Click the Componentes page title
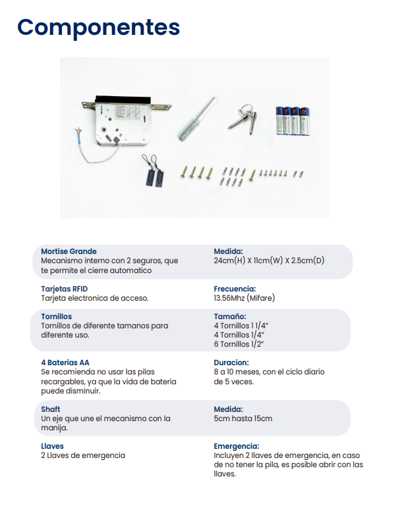[98, 28]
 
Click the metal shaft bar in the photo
[198, 118]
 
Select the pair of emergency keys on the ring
[244, 118]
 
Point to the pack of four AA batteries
[293, 120]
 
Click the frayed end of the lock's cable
[78, 133]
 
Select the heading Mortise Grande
[69, 251]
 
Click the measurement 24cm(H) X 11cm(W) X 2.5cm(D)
[269, 261]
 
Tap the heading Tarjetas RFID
[64, 289]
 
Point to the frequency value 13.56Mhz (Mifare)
[244, 298]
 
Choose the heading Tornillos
[57, 317]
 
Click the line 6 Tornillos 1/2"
[239, 344]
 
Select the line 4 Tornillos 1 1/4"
[241, 326]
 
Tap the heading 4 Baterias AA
[65, 363]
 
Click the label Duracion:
[231, 363]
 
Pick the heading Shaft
[51, 409]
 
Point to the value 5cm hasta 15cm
[243, 419]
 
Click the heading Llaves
[52, 446]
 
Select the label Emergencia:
[237, 446]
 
